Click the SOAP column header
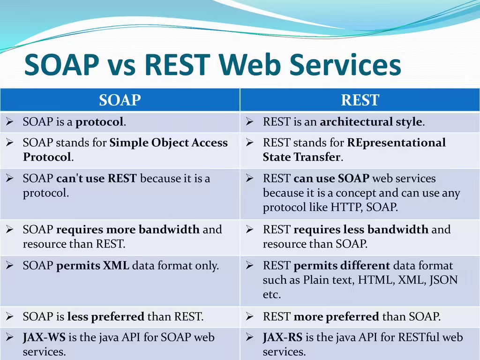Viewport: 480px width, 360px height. [120, 100]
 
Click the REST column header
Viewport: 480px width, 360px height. [360, 100]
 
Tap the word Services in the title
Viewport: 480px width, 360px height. [345, 65]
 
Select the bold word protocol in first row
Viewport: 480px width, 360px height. [100, 122]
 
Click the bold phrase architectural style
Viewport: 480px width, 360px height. [371, 122]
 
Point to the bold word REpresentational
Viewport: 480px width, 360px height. [397, 142]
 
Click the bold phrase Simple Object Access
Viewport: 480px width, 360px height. [168, 142]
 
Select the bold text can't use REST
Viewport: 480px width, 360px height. [97, 179]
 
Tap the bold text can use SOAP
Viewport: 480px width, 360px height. [331, 179]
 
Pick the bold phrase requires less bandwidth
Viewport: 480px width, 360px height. [361, 230]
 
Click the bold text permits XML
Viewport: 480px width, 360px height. [93, 266]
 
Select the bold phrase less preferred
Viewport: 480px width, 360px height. [105, 317]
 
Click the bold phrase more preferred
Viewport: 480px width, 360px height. [336, 317]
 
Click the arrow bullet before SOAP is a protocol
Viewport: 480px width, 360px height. [9, 122]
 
